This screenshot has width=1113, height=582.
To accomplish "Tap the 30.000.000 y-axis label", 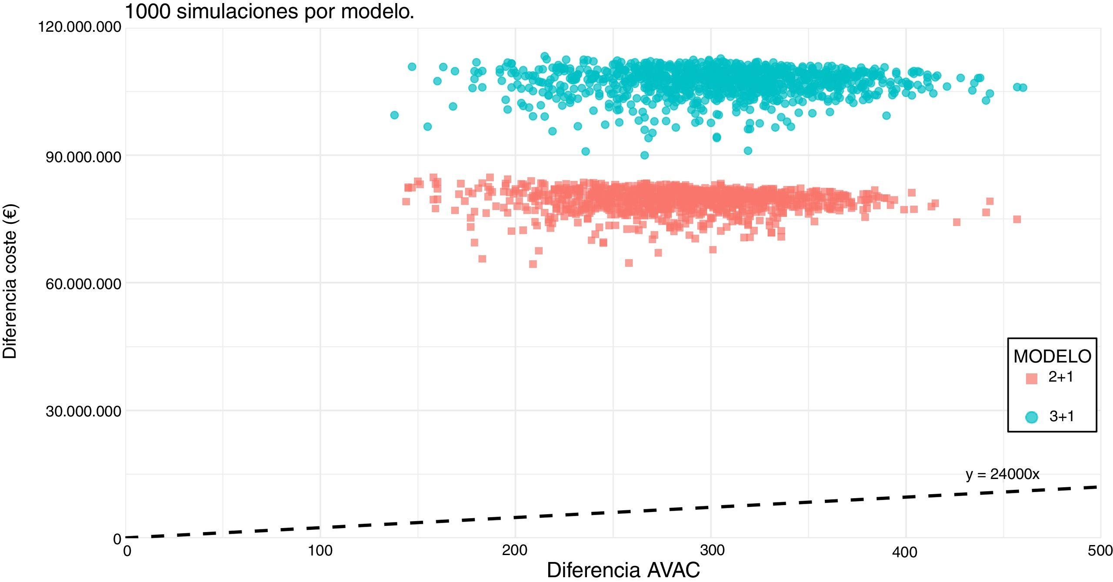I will point(83,412).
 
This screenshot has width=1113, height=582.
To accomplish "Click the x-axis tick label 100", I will point(320,551).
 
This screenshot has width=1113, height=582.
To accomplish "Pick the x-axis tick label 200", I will point(515,551).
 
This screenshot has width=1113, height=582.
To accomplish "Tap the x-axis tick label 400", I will point(905,552).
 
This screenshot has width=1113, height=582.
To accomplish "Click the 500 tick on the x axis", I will point(1100,551).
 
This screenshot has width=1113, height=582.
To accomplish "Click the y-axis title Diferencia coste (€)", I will point(10,282).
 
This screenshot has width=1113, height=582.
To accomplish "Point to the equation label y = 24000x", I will point(1003,474).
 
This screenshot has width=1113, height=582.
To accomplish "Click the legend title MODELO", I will point(1052,356).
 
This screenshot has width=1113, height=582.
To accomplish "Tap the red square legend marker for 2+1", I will point(1031,378).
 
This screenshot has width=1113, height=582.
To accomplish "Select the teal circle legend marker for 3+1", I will point(1031,417).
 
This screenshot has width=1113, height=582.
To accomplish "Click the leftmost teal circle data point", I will point(394,115).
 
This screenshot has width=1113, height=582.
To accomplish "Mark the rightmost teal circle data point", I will point(1023,88).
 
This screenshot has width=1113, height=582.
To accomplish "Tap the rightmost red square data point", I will point(1017,219).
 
